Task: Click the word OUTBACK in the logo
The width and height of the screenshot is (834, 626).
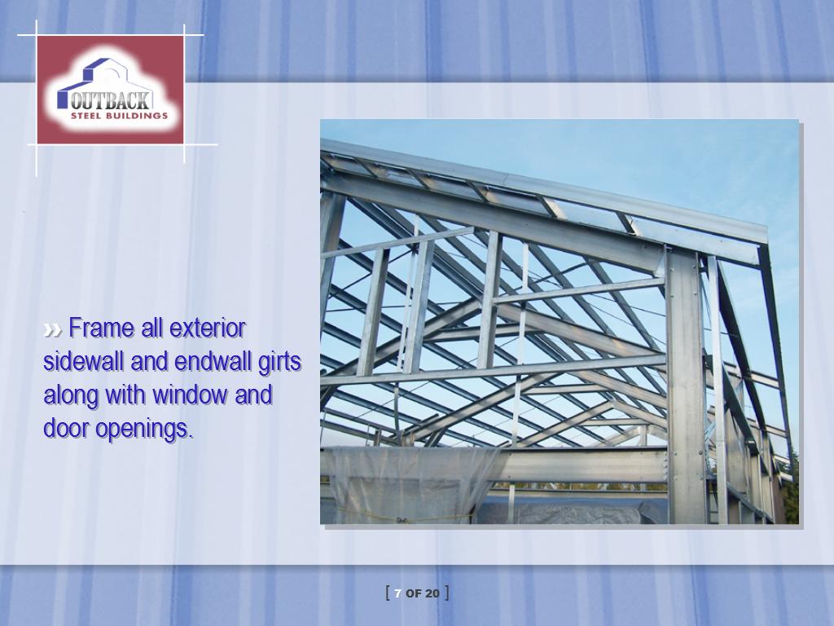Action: pos(111,99)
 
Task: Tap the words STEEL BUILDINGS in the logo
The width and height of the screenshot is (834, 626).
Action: pos(119,116)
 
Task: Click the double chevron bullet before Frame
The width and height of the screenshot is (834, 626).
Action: pos(52,330)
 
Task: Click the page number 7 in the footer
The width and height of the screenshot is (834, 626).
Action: pos(397,593)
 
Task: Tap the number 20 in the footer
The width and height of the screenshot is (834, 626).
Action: pos(432,593)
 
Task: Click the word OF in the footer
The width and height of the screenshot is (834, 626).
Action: pos(414,593)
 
